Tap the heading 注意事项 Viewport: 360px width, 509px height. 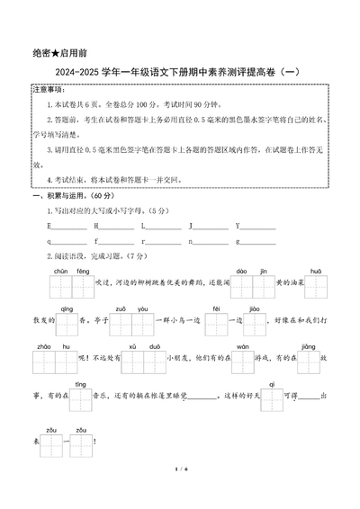click(x=48, y=91)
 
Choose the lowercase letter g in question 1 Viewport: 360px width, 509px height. click(x=237, y=241)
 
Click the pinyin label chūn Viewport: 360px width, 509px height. click(x=61, y=270)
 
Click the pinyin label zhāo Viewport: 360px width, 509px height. click(x=43, y=346)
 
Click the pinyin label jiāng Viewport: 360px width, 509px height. click(x=308, y=346)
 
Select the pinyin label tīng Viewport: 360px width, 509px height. click(x=79, y=384)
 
